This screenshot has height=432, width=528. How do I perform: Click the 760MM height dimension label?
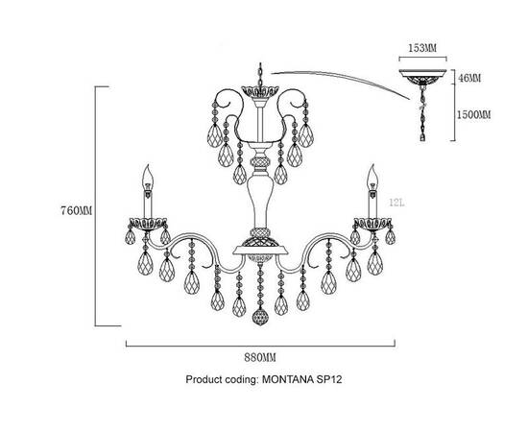coord(76,211)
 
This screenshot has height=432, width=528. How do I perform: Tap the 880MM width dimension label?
coord(260,357)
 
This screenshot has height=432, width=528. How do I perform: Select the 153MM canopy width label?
coord(422,48)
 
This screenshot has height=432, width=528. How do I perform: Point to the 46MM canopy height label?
coord(469,78)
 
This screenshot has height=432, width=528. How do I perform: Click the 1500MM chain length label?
coord(473,115)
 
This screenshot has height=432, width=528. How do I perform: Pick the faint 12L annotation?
coord(396,203)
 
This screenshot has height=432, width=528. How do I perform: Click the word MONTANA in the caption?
coord(288,379)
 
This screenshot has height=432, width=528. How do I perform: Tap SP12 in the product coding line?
coord(329,379)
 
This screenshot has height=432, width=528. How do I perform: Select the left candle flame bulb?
coord(148,178)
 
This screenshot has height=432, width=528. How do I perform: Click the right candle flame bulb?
coord(372,177)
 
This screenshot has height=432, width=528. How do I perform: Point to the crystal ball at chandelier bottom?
coord(260,317)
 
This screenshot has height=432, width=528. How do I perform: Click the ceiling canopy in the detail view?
coord(422,77)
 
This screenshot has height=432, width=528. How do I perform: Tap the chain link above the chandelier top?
coord(260,75)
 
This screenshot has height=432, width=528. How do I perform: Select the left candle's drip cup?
coord(148,224)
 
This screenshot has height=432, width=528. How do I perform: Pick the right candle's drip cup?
coord(372,224)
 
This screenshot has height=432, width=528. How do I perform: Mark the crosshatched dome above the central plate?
coord(260,241)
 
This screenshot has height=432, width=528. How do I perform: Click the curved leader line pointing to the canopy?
coord(340,80)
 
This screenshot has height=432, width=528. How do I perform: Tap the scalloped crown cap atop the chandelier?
coord(260,91)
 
